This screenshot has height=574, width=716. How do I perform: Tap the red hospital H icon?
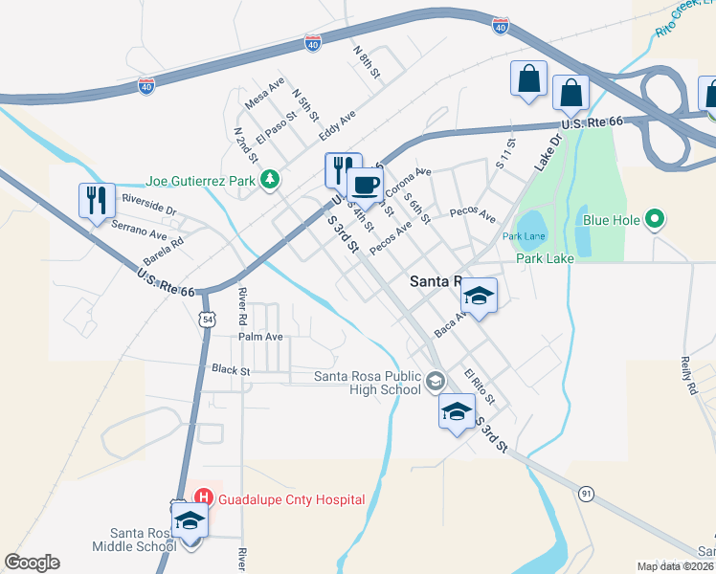click(x=204, y=497)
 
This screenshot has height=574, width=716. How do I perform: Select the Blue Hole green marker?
click(x=656, y=220)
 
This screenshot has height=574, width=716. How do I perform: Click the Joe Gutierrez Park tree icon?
click(x=271, y=179)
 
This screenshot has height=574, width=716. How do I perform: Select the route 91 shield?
click(x=586, y=493)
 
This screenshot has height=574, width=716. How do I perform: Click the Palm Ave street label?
click(x=260, y=337)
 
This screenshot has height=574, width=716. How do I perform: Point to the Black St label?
click(x=231, y=369)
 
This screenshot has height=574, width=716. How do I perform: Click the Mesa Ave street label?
click(x=264, y=93)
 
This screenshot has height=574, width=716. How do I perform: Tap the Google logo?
click(x=32, y=563)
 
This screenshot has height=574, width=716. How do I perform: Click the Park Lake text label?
click(x=543, y=258)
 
